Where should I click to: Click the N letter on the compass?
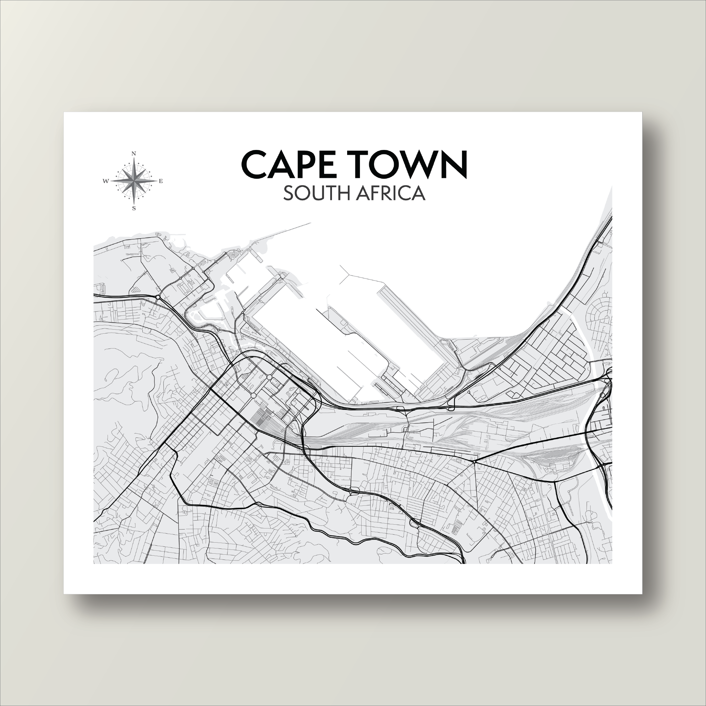[134, 154]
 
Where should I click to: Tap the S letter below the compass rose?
[134, 209]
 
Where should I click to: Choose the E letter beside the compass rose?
[161, 181]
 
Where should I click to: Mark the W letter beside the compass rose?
[106, 181]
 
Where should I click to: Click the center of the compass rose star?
[134, 181]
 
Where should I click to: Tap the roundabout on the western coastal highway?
[158, 297]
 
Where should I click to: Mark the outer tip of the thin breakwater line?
[310, 222]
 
